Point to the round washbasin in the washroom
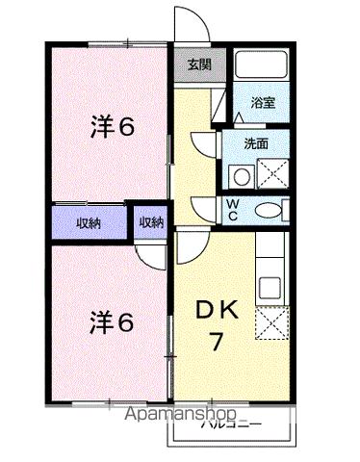point(240,175)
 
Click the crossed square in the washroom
point(272,174)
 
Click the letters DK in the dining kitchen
point(218,310)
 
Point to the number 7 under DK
point(219,343)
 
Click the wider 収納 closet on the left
point(90,222)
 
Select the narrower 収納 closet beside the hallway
point(151,222)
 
